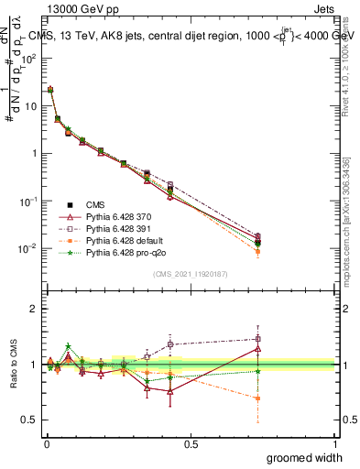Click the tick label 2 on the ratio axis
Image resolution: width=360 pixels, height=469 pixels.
tap(36, 309)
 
